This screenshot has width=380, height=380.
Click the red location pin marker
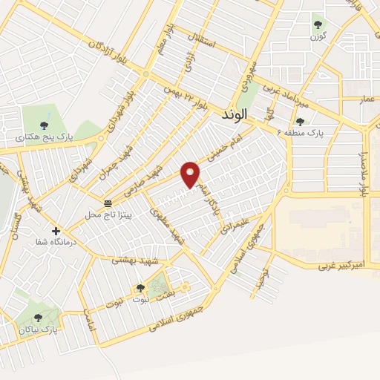click(191, 174)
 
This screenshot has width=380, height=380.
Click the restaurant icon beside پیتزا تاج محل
click(108, 203)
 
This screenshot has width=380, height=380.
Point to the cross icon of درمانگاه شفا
click(56, 231)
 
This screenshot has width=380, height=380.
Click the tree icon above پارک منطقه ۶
click(300, 121)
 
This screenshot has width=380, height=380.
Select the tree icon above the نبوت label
click(140, 287)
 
